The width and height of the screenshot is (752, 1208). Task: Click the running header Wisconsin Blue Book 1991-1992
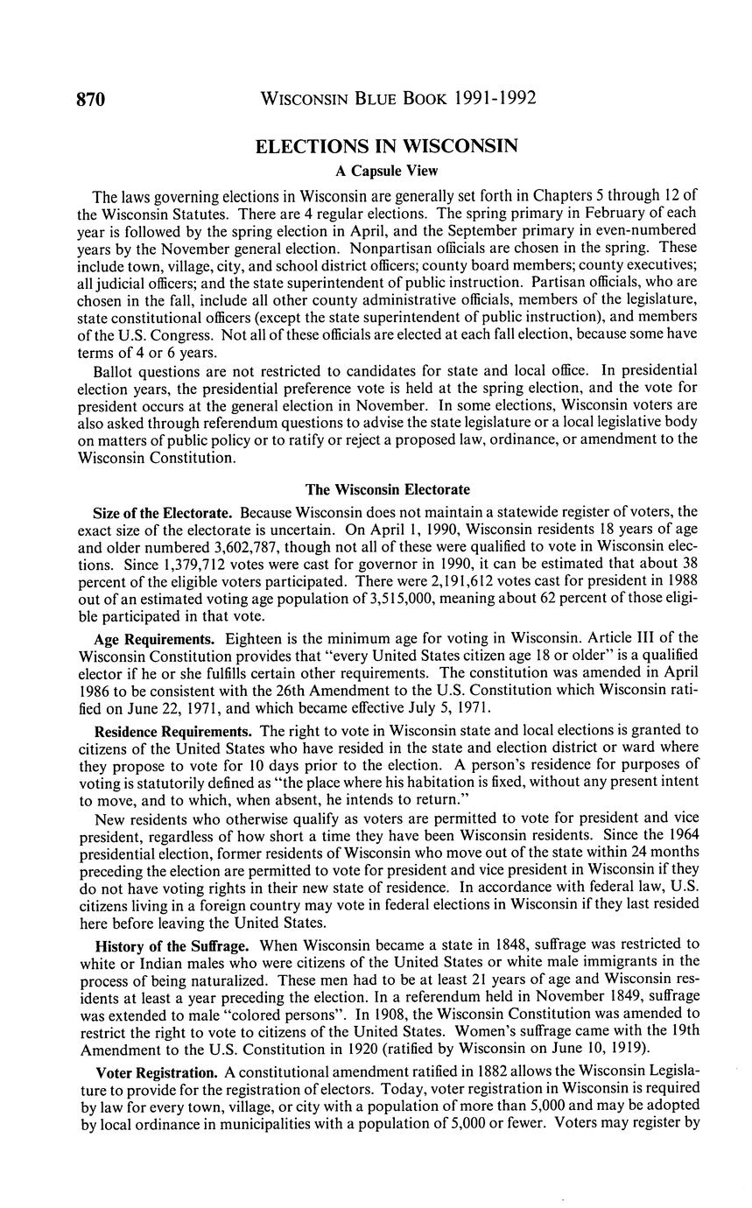pyautogui.click(x=398, y=99)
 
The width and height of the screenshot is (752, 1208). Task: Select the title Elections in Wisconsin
pyautogui.click(x=386, y=146)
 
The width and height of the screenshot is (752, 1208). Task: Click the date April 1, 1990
pyautogui.click(x=390, y=528)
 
